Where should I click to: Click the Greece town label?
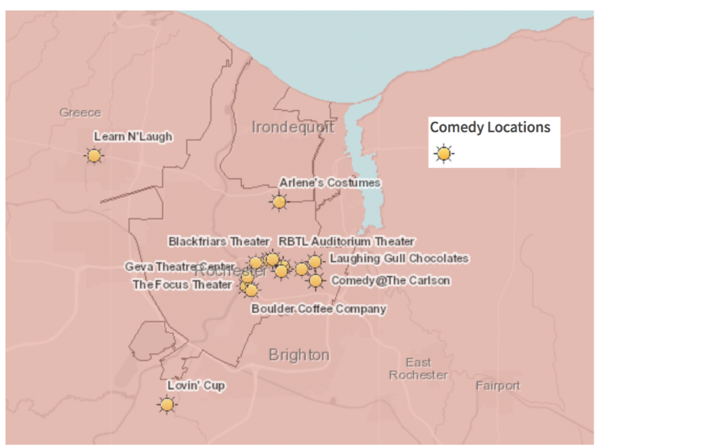pyautogui.click(x=80, y=112)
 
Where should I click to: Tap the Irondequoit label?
pyautogui.click(x=293, y=127)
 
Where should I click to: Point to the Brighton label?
pyautogui.click(x=299, y=355)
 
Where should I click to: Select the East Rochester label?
pyautogui.click(x=418, y=368)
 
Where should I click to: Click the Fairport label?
pyautogui.click(x=498, y=386)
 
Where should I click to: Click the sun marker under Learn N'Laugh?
pyautogui.click(x=94, y=155)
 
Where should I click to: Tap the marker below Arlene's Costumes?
pyautogui.click(x=279, y=202)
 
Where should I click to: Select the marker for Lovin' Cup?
pyautogui.click(x=166, y=405)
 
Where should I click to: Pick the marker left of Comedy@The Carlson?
pyautogui.click(x=315, y=281)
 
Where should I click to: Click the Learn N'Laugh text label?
pyautogui.click(x=133, y=136)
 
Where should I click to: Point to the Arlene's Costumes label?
pyautogui.click(x=330, y=183)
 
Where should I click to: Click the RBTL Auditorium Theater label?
pyautogui.click(x=347, y=241)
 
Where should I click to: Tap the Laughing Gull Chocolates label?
pyautogui.click(x=399, y=258)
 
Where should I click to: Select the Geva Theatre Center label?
pyautogui.click(x=180, y=267)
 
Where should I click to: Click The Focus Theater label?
pyautogui.click(x=182, y=285)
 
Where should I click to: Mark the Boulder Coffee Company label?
pyautogui.click(x=319, y=309)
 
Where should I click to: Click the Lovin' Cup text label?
pyautogui.click(x=196, y=386)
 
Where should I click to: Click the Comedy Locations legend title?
pyautogui.click(x=489, y=127)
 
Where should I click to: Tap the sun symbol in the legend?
pyautogui.click(x=443, y=153)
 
